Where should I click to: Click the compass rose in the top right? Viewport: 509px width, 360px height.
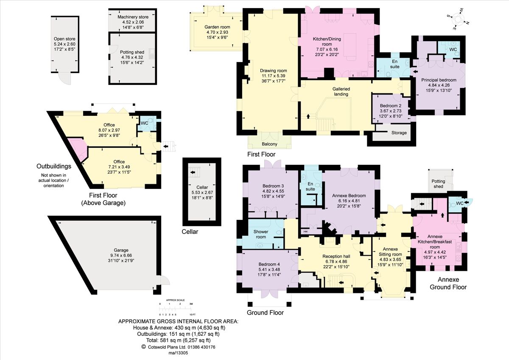point(459,19)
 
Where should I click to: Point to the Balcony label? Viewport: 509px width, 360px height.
point(270,144)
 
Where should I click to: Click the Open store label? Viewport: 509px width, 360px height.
point(64,38)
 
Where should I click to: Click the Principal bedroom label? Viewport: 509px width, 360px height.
point(439,80)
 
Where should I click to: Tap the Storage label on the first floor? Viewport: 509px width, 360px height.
point(398,133)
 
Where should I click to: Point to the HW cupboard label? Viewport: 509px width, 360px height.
point(305,231)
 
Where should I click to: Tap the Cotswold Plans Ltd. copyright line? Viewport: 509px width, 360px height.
point(178,347)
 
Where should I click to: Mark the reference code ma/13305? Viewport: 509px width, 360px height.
point(178,353)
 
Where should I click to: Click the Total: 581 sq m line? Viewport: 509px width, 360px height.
point(178,340)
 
